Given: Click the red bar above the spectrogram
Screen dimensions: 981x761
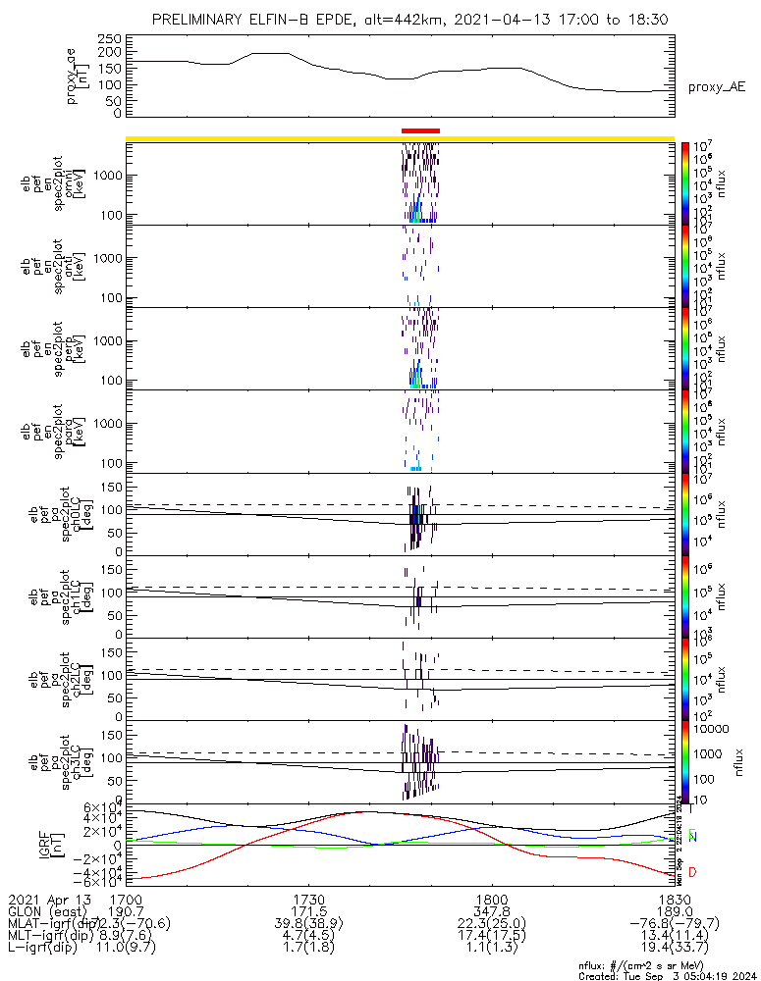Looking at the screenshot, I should (420, 130).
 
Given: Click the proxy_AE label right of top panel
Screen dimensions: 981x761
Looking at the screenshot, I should (716, 87).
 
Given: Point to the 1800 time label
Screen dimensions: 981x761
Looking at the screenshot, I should (491, 899).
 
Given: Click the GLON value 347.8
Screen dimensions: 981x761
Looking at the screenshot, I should (491, 911).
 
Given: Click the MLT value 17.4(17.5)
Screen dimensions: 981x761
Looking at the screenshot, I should (491, 938).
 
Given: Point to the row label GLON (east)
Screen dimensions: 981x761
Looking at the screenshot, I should (45, 911).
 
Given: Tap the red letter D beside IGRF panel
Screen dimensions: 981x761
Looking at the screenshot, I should (693, 872).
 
